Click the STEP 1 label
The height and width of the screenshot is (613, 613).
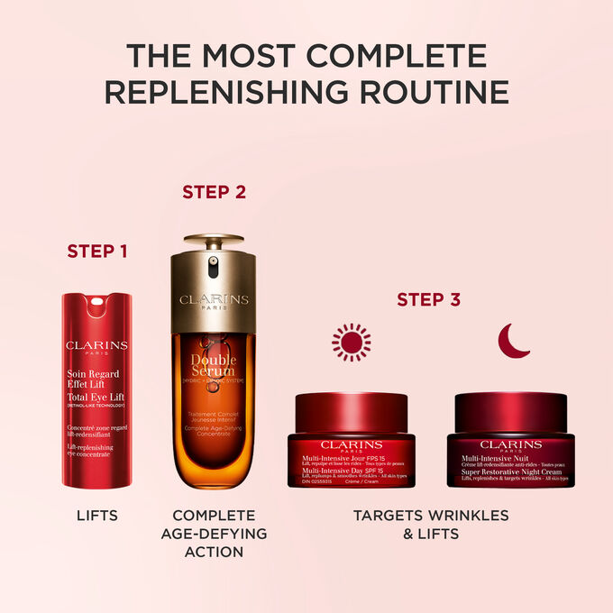click(96, 250)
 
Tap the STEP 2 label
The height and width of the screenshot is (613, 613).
click(214, 191)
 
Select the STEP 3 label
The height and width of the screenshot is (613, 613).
click(428, 298)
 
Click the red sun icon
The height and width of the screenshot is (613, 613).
click(351, 342)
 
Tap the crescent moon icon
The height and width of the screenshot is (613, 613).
click(514, 341)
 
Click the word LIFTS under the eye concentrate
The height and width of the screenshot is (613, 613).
click(96, 516)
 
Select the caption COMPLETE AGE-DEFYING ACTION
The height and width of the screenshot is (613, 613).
click(214, 533)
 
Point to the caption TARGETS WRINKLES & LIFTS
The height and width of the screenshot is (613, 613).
click(430, 524)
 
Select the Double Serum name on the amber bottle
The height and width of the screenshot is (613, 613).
click(214, 366)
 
